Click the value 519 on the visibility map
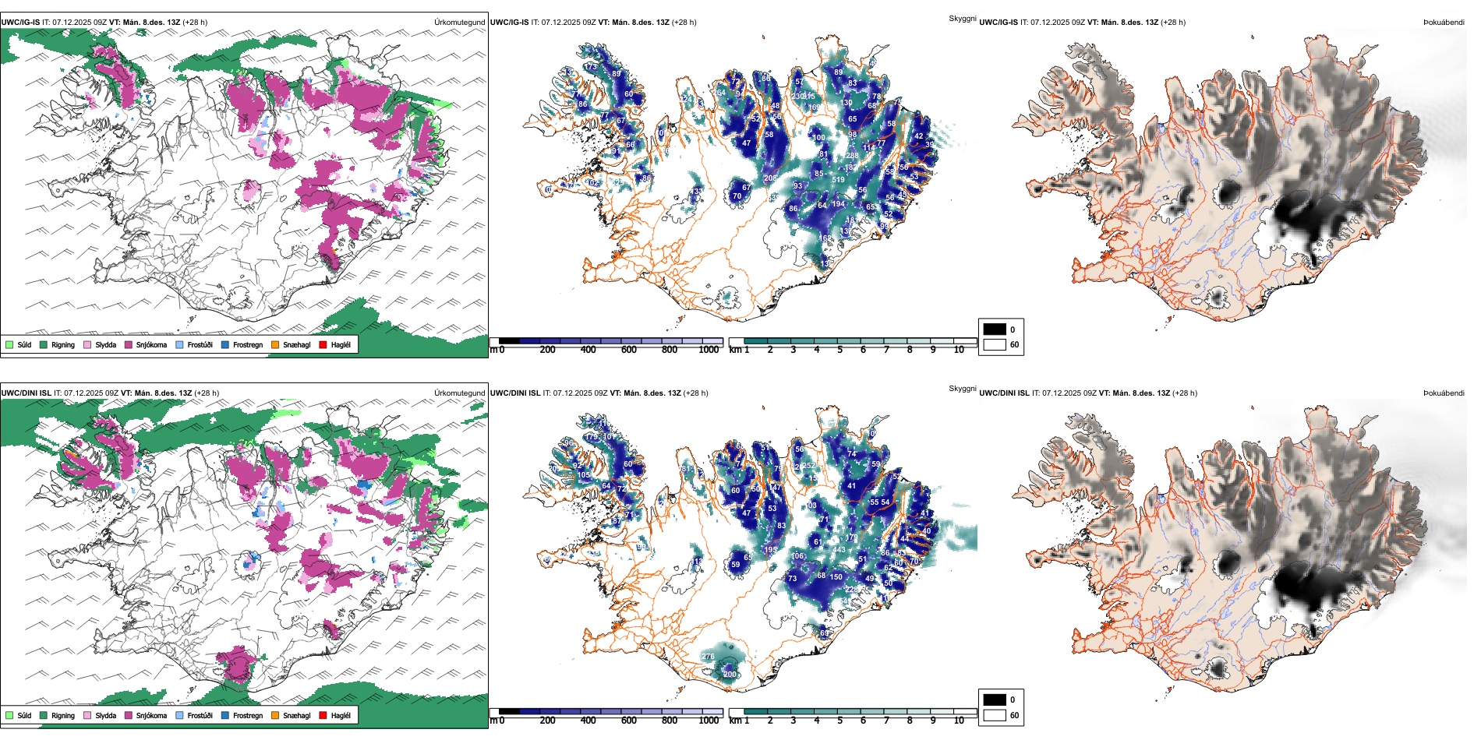(838, 180)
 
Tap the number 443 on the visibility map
(839, 550)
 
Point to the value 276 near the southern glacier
(708, 657)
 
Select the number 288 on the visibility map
(852, 155)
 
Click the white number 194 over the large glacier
(838, 204)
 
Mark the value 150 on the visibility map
(836, 577)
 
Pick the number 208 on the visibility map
(770, 178)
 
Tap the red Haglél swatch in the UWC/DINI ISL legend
(323, 715)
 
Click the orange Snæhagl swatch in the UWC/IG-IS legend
(275, 344)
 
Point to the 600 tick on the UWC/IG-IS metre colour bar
(629, 350)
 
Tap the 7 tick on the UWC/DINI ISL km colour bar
(886, 721)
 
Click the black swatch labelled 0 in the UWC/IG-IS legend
(995, 329)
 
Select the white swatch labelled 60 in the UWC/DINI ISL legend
(995, 715)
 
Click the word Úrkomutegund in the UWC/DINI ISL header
(459, 393)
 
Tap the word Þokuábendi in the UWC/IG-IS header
(1444, 22)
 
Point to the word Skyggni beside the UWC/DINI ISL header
(962, 388)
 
